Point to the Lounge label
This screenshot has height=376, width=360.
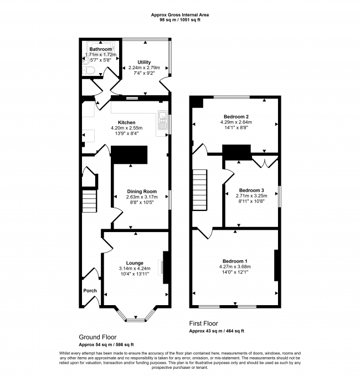click(135, 263)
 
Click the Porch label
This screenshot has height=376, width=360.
click(90, 291)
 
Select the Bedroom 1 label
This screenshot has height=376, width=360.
click(235, 261)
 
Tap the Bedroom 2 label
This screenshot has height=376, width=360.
click(235, 116)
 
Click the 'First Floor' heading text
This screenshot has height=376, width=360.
click(203, 323)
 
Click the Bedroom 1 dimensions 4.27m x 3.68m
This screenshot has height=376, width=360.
click(235, 267)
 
